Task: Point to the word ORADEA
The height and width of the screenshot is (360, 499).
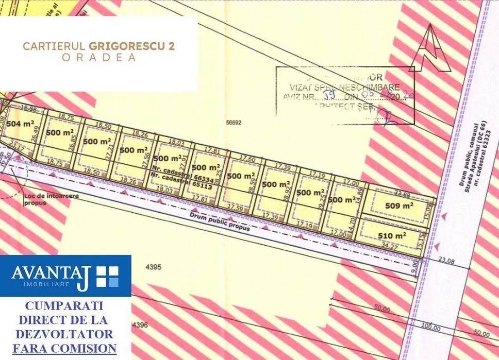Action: tap(99, 58)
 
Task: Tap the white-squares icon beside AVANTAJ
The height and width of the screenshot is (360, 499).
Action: tap(107, 277)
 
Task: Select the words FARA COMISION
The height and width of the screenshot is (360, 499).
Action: tap(64, 349)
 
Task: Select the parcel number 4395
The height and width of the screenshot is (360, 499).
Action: tap(154, 267)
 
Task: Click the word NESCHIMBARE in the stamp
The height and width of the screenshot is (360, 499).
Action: tap(369, 87)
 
